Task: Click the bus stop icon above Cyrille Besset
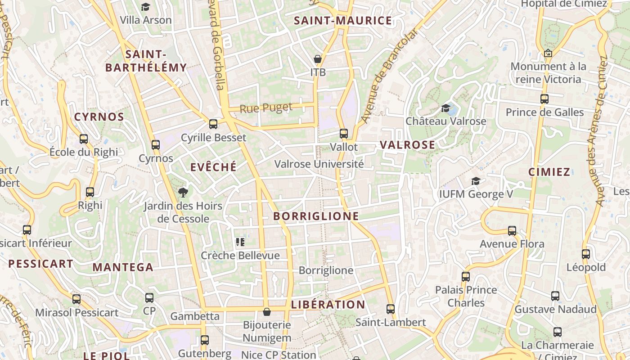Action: click(213, 124)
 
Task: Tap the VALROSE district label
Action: click(408, 145)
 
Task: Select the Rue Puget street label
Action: click(266, 108)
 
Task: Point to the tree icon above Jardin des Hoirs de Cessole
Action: click(183, 193)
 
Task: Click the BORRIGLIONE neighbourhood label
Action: click(316, 216)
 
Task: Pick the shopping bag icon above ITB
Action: click(318, 59)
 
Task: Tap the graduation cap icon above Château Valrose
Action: click(446, 108)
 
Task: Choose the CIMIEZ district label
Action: click(549, 172)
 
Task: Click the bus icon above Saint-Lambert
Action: click(391, 309)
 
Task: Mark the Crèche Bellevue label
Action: click(240, 256)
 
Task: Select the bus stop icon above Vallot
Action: click(344, 134)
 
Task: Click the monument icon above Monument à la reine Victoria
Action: click(548, 53)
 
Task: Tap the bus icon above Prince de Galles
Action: click(544, 99)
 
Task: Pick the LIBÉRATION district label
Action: click(328, 305)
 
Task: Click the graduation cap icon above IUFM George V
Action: click(476, 181)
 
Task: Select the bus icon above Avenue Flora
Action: click(512, 231)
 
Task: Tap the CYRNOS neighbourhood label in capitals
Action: click(99, 117)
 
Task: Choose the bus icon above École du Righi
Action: click(84, 139)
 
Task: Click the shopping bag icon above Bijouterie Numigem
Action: click(267, 312)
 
